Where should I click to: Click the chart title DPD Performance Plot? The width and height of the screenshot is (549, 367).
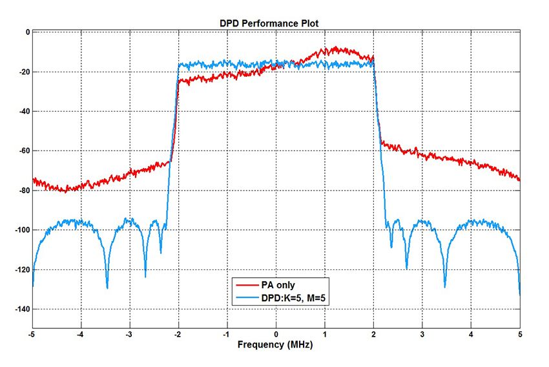click(x=269, y=23)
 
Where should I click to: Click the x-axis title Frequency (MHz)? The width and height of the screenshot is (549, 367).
click(x=275, y=345)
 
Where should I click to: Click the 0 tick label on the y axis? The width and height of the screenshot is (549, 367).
click(x=26, y=32)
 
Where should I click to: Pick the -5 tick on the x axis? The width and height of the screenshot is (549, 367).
click(x=32, y=335)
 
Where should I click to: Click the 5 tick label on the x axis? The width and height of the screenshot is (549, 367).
click(x=519, y=335)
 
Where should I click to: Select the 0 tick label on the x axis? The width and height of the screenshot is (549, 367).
click(x=276, y=335)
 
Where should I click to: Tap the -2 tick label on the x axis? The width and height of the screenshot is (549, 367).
click(x=177, y=335)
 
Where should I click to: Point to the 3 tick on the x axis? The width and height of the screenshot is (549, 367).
click(x=422, y=335)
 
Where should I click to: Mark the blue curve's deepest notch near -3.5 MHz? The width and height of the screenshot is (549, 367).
click(x=107, y=288)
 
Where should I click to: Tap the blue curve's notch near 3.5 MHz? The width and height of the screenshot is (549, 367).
click(x=445, y=286)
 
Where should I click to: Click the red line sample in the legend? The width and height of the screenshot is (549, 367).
click(x=248, y=284)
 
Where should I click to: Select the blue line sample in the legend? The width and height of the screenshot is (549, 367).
click(x=248, y=297)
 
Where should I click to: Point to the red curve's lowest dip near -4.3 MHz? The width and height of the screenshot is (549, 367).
click(x=66, y=191)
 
